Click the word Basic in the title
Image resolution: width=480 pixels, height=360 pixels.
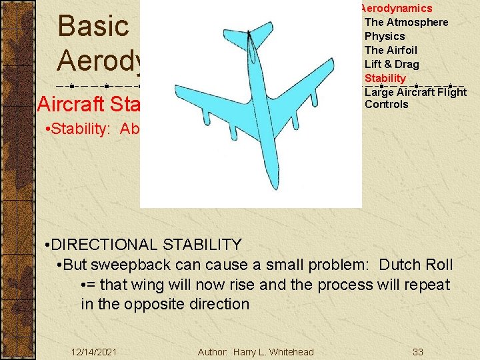coord(93,27)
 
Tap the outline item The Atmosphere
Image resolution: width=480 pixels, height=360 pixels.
coord(406,23)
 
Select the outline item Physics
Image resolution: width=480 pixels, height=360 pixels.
coord(385,37)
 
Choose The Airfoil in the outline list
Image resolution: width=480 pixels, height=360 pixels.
coord(391,51)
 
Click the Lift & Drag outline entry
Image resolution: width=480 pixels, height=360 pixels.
coord(391,65)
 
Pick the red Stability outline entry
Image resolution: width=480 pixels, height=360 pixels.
coord(385,79)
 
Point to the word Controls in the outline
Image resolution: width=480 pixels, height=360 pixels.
coord(386,105)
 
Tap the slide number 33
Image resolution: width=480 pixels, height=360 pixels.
coord(418,352)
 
